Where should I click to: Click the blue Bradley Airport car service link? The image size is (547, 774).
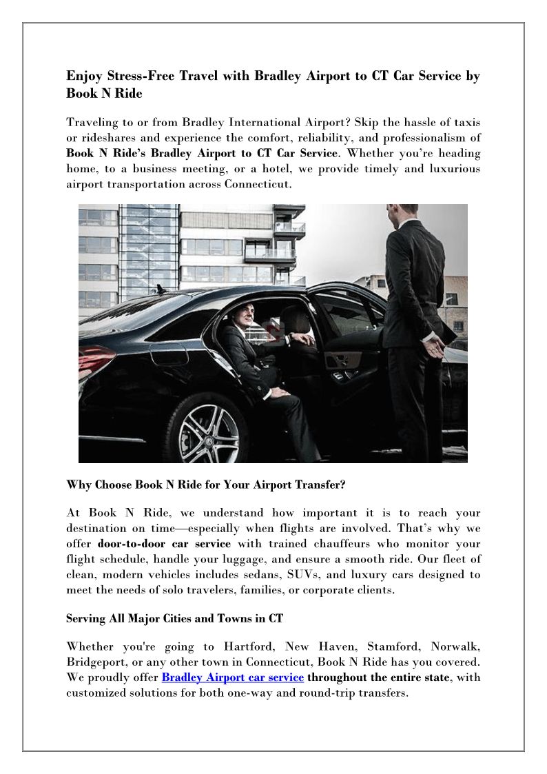click(232, 677)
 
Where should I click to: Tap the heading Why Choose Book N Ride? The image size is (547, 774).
click(205, 485)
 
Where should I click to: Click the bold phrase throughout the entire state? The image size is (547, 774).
click(378, 677)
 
